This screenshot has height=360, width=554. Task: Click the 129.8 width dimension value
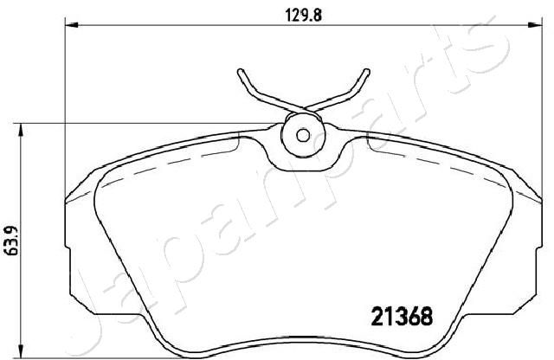coord(304,16)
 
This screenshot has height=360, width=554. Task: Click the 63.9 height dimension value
coord(11,241)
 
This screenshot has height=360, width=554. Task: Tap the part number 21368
coord(402,316)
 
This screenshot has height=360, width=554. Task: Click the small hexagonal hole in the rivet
coord(303,135)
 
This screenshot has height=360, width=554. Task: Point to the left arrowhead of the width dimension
coord(71,25)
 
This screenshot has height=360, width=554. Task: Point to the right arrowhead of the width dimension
coord(535,25)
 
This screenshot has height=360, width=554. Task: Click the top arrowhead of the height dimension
coord(21,130)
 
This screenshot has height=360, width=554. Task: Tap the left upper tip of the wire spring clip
coord(241,72)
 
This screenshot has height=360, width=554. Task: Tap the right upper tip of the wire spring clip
coord(367,72)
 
